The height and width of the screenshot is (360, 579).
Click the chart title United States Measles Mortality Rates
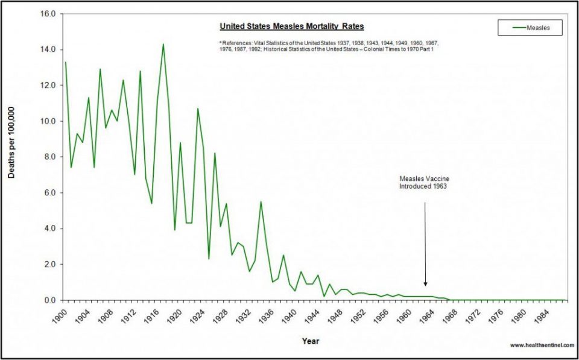pos(291,27)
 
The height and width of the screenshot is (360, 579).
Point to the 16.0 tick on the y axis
pos(48,14)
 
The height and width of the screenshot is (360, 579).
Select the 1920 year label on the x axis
pos(174,315)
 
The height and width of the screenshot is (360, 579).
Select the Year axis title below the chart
pos(311,341)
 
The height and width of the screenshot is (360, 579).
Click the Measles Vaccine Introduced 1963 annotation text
pos(425,183)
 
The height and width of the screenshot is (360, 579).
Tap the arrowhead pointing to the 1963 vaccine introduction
pos(425,284)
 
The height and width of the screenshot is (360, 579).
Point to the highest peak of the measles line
pos(163,44)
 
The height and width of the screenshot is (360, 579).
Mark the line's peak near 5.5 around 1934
pos(261,201)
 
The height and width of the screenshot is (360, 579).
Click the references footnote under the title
pos(329,46)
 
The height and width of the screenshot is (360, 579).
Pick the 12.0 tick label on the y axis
pos(48,86)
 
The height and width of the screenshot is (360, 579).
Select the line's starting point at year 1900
pos(66,62)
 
